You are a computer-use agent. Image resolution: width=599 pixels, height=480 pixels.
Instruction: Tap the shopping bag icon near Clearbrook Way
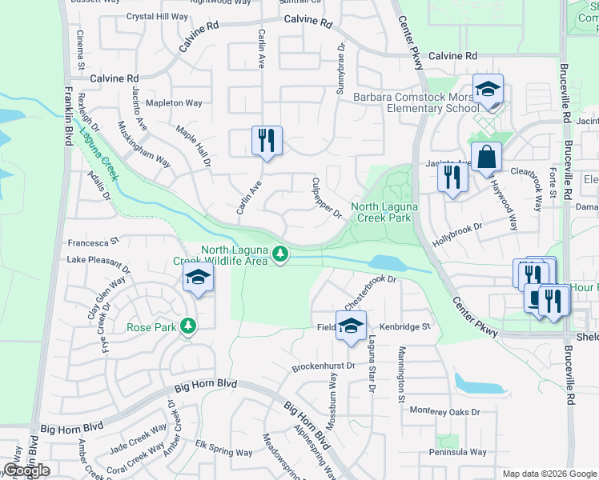pos(485,157)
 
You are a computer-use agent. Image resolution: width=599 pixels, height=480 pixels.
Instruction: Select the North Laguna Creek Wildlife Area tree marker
pos(279,254)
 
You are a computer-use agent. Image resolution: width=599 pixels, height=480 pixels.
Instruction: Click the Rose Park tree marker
pos(187,326)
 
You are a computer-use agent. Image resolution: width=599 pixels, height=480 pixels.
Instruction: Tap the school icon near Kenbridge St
pos(350,326)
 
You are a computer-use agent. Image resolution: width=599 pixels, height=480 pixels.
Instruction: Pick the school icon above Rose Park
pos(198,278)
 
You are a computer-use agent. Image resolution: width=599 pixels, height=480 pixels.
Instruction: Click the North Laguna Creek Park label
pos(381,212)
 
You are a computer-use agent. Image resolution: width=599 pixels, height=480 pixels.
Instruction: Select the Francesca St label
pos(93,240)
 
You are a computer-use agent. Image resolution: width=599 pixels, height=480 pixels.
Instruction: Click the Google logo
pos(26,470)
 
